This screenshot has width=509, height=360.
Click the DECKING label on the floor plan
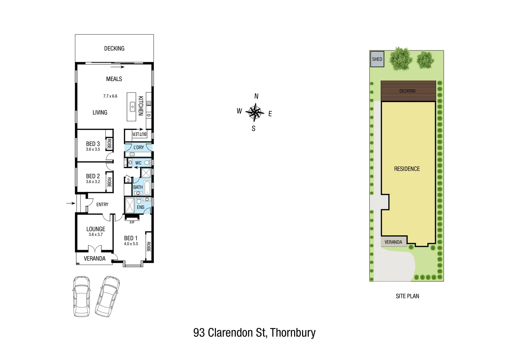(114, 49)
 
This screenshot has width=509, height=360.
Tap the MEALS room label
(114, 79)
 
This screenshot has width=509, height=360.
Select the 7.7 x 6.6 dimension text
(110, 96)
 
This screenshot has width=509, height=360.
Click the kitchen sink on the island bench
(132, 106)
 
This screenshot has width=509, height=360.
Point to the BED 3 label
(93, 144)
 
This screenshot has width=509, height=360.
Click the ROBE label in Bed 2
(109, 182)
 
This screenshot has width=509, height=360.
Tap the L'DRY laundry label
(139, 147)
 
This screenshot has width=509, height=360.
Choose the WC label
(138, 163)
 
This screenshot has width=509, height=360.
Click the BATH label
(138, 187)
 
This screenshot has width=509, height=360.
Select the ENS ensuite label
(141, 207)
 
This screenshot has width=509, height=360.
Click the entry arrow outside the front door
(70, 203)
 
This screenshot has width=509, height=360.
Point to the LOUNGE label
(96, 229)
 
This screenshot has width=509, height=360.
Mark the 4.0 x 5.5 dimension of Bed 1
(131, 244)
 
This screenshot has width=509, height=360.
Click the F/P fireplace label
(132, 222)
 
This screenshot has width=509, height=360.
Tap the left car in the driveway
(81, 296)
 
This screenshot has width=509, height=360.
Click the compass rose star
(255, 112)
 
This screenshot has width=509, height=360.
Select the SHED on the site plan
(377, 59)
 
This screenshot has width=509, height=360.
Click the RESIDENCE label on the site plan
(407, 169)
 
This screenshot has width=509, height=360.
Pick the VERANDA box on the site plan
(393, 242)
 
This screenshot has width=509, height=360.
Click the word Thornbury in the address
(292, 333)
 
